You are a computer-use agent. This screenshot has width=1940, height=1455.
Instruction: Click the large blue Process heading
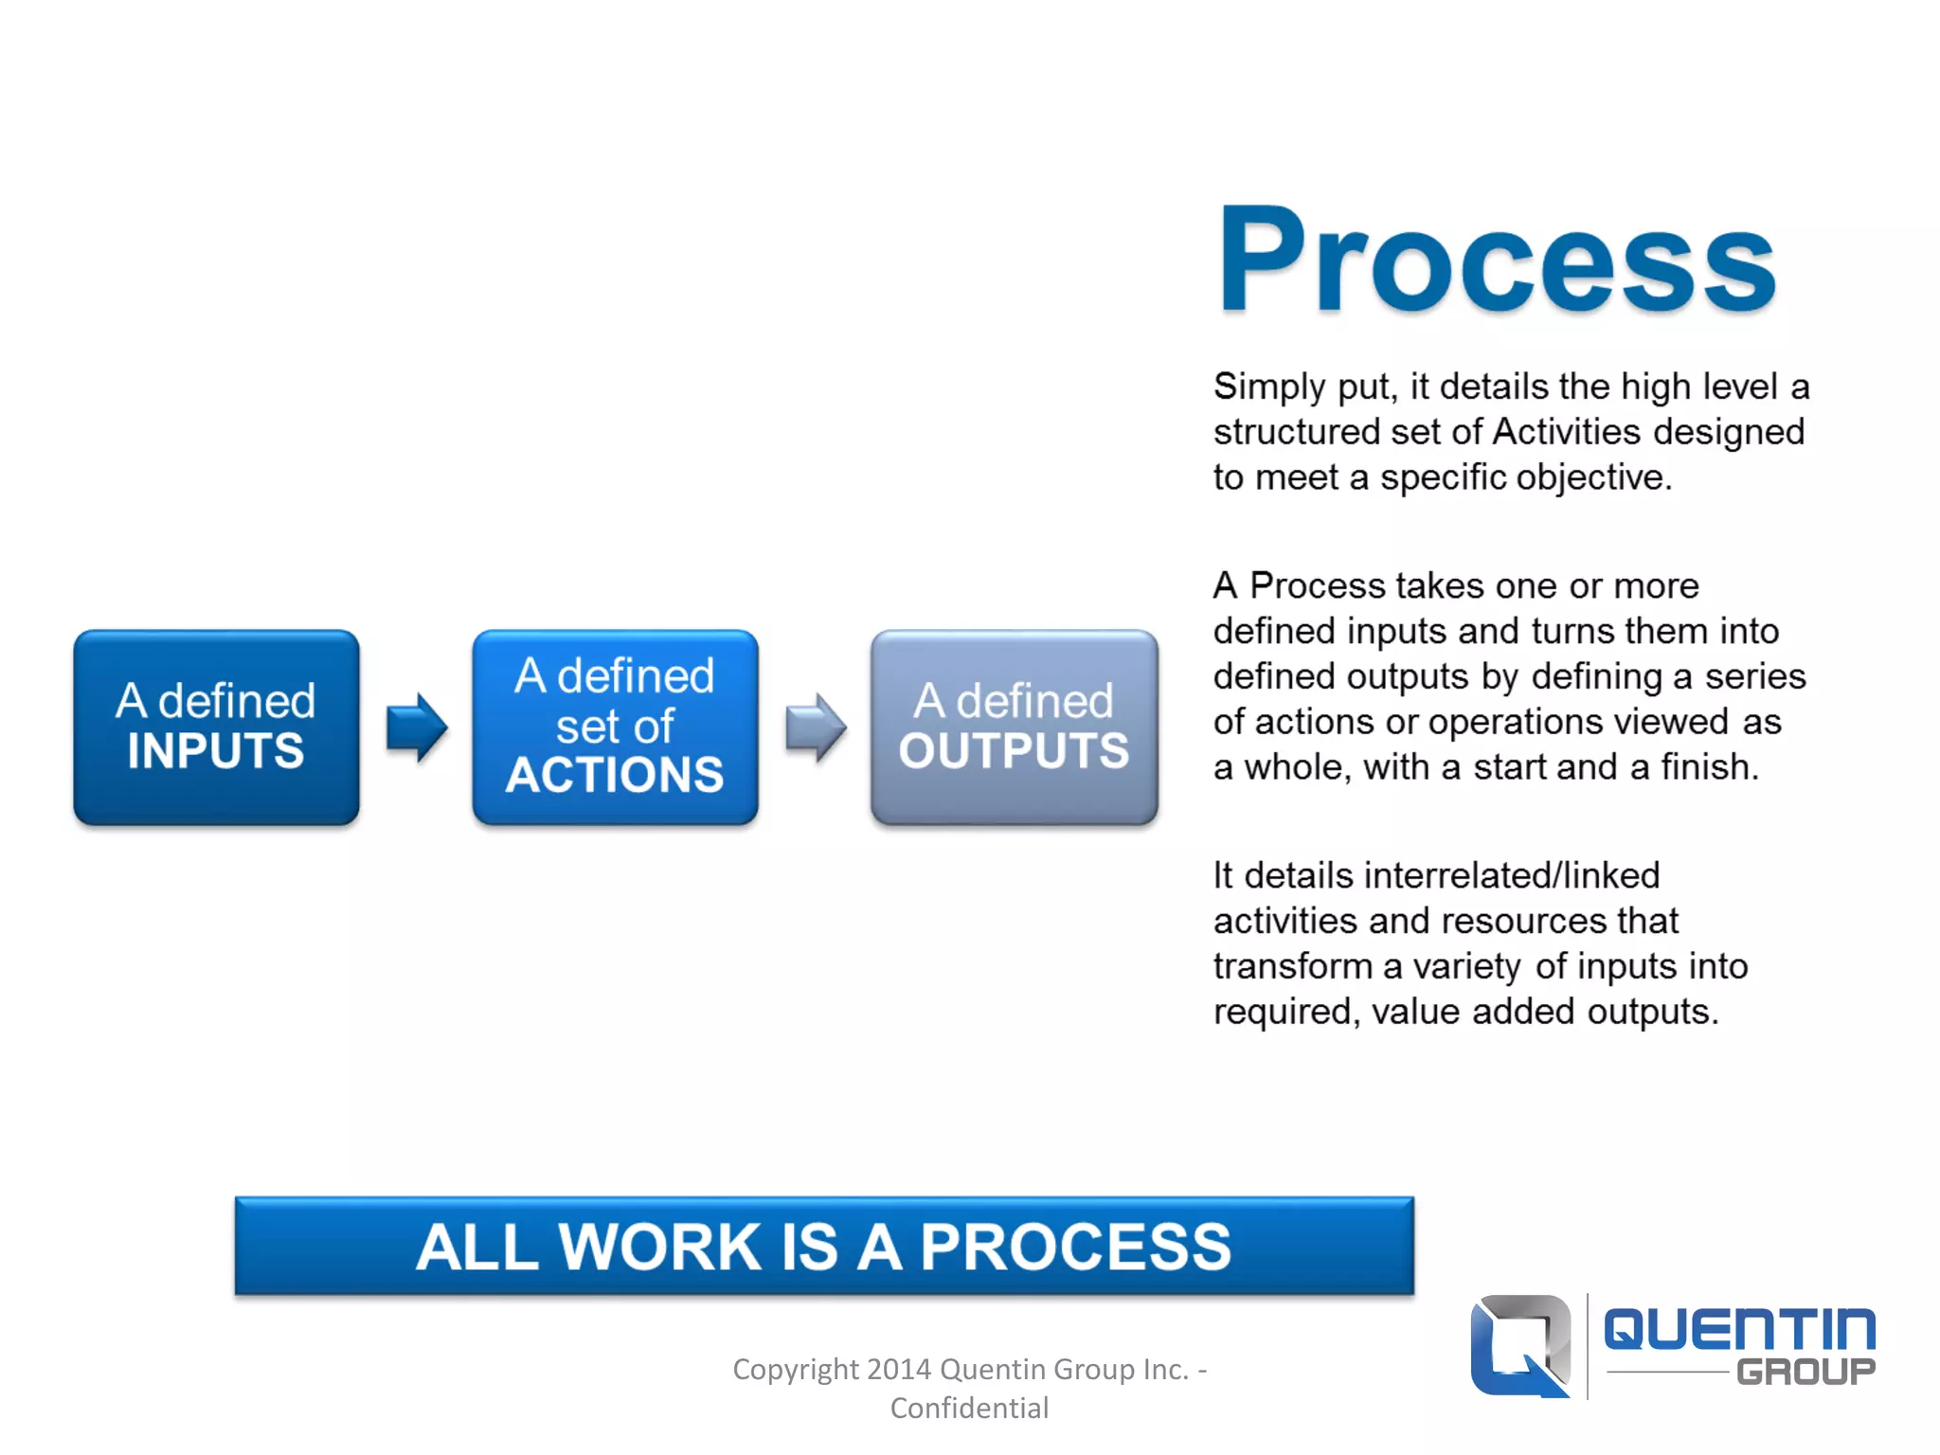pyautogui.click(x=1497, y=260)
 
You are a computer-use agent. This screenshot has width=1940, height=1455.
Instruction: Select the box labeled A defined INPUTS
pyautogui.click(x=216, y=727)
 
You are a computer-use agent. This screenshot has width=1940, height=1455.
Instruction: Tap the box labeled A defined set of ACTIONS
pyautogui.click(x=615, y=727)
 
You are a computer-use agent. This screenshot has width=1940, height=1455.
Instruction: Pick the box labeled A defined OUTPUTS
pyautogui.click(x=1014, y=727)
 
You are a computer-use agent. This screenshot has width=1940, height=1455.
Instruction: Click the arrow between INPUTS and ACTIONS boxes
pyautogui.click(x=417, y=727)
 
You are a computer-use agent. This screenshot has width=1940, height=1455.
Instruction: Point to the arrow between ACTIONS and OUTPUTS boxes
pyautogui.click(x=816, y=727)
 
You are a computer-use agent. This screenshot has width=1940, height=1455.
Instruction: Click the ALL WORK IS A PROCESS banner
pyautogui.click(x=824, y=1246)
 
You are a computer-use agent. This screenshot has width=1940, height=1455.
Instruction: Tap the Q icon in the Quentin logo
pyautogui.click(x=1520, y=1345)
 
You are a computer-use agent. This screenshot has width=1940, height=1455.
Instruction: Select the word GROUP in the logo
pyautogui.click(x=1805, y=1372)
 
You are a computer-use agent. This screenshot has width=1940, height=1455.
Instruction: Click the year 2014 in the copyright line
pyautogui.click(x=898, y=1370)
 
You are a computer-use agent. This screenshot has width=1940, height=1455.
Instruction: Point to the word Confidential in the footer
pyautogui.click(x=969, y=1409)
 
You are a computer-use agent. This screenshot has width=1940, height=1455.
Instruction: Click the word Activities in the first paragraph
pyautogui.click(x=1566, y=433)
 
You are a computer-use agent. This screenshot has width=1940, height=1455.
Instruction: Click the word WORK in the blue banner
pyautogui.click(x=660, y=1247)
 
